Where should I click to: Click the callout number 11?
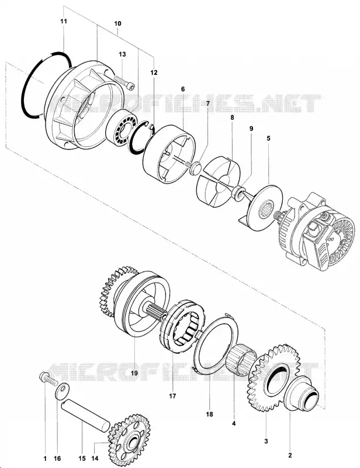click(64, 21)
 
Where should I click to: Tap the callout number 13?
click(122, 54)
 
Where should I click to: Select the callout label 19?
click(134, 373)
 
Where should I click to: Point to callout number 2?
click(290, 456)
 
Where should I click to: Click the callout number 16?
click(57, 459)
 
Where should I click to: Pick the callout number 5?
click(268, 138)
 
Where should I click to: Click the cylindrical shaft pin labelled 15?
click(86, 417)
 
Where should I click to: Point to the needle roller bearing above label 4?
click(241, 359)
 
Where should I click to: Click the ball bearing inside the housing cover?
click(122, 126)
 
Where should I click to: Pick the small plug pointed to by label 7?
click(194, 166)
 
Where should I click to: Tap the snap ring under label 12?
click(141, 137)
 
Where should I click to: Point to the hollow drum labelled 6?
click(169, 154)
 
